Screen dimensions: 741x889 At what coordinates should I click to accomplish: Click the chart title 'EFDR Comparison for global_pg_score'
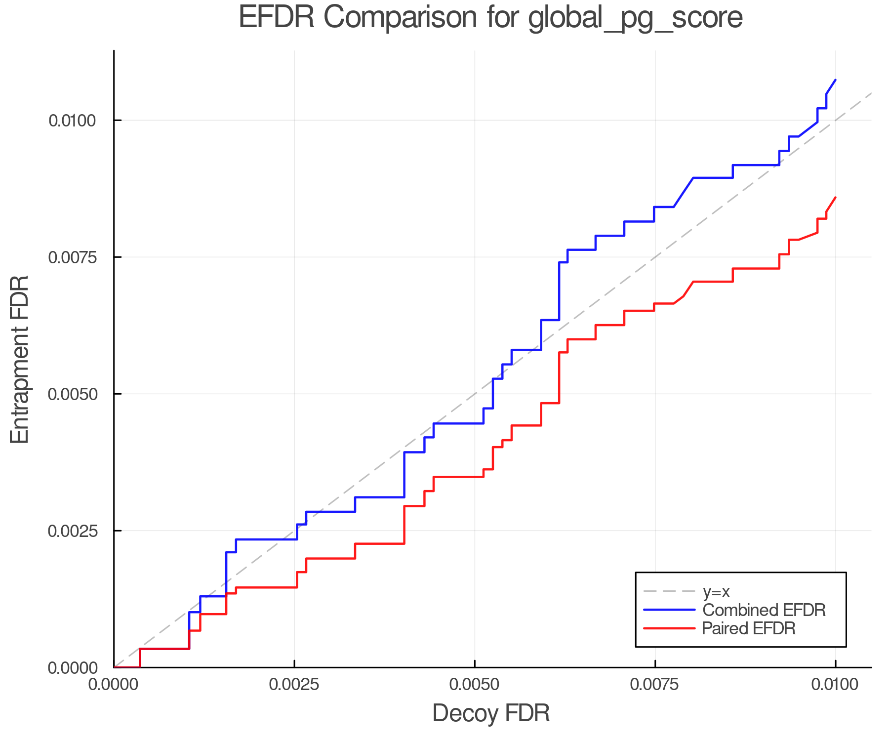point(490,18)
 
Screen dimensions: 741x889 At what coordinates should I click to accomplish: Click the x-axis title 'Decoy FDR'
point(491,713)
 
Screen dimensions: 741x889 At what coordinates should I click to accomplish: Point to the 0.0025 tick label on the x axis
point(294,685)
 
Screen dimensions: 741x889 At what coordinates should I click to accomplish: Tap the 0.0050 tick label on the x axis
point(475,685)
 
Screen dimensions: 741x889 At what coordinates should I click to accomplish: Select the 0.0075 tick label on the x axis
point(655,685)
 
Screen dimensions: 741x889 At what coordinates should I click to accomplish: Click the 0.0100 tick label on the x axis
point(835,685)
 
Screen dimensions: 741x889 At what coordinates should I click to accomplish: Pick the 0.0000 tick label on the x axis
point(114,685)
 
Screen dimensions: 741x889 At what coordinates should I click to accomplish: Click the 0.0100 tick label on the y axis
point(73,120)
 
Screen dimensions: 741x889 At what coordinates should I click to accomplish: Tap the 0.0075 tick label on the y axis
point(73,257)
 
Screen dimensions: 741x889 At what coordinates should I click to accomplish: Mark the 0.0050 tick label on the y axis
point(73,394)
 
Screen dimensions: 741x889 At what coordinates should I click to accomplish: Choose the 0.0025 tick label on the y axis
point(73,531)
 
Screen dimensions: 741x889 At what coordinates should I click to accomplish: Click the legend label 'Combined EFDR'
point(764,610)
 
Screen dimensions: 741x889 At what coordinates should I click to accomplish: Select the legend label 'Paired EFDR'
point(749,628)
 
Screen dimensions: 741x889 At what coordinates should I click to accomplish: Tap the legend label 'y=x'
point(716,591)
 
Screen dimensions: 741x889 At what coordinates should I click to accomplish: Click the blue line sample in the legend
point(669,610)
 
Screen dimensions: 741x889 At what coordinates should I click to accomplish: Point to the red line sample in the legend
point(669,628)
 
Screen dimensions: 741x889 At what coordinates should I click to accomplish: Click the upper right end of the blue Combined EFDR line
point(835,80)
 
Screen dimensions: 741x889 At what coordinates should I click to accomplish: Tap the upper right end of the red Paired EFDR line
point(835,198)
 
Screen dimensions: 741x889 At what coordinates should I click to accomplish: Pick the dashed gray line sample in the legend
point(669,591)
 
